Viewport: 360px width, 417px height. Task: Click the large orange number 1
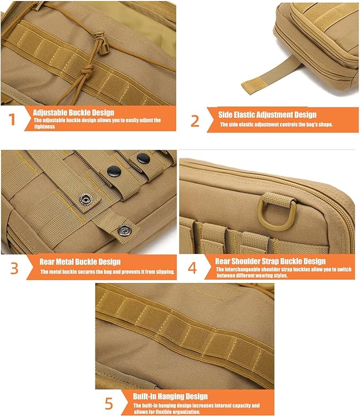(12, 119)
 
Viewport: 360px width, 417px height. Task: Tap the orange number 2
(195, 121)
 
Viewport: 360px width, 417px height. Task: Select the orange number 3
(14, 268)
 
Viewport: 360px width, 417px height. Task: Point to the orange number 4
(192, 268)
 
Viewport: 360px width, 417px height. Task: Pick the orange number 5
(109, 404)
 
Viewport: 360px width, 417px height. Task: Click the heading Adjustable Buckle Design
(74, 112)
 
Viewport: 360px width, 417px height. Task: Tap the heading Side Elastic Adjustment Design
(267, 115)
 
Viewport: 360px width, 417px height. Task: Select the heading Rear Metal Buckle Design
(80, 262)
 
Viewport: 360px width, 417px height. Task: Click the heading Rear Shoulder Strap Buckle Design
(270, 261)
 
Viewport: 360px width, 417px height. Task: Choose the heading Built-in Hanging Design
(170, 396)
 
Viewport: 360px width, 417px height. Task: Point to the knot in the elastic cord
(86, 72)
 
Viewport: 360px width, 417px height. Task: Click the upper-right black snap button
(143, 158)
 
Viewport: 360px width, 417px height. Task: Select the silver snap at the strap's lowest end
(125, 230)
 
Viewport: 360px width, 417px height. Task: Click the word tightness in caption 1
(45, 127)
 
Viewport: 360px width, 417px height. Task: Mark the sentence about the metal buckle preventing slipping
(108, 272)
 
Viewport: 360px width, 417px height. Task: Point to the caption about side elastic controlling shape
(276, 125)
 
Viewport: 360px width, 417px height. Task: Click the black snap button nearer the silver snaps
(114, 171)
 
